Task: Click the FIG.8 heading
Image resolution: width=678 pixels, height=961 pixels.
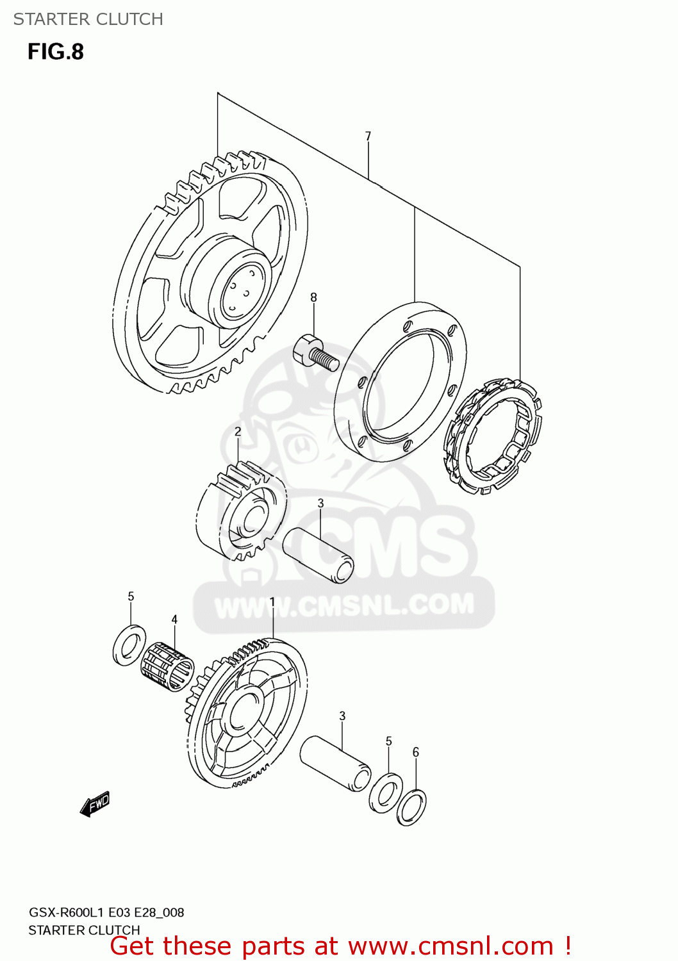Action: pyautogui.click(x=56, y=52)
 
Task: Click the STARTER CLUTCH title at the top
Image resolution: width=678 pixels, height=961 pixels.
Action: pyautogui.click(x=88, y=19)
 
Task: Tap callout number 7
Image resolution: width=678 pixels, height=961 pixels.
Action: pyautogui.click(x=368, y=136)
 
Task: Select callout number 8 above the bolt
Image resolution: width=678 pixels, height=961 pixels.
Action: pyautogui.click(x=313, y=297)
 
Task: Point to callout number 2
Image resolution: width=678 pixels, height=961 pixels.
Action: pyautogui.click(x=238, y=432)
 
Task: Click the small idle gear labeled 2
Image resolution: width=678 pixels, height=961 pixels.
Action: pyautogui.click(x=242, y=511)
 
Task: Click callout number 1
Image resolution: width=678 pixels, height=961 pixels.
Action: pyautogui.click(x=272, y=602)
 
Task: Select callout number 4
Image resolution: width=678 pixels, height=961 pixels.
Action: pyautogui.click(x=174, y=620)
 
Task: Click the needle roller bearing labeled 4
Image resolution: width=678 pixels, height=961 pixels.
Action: pyautogui.click(x=167, y=668)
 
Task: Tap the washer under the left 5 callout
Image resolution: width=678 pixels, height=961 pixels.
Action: pyautogui.click(x=129, y=645)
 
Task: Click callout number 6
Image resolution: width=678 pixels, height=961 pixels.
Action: pyautogui.click(x=416, y=752)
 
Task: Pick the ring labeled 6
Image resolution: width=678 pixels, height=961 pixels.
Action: pyautogui.click(x=411, y=807)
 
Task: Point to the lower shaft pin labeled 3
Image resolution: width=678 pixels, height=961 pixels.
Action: pyautogui.click(x=335, y=763)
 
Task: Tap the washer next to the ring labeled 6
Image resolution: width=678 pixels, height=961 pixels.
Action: pyautogui.click(x=386, y=793)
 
